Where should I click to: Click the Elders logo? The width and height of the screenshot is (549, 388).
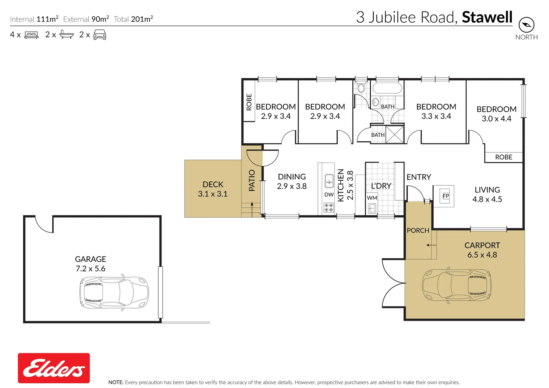point(54,368)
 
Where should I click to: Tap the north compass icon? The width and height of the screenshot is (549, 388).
point(526,25)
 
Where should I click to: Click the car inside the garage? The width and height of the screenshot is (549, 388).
point(114,292)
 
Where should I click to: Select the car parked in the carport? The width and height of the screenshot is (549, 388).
point(457,286)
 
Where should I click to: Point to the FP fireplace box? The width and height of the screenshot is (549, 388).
point(446,196)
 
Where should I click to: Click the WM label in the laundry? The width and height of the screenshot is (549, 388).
point(372,198)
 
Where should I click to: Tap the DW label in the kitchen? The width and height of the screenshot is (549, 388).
point(329,195)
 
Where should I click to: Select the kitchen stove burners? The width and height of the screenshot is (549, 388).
point(329,207)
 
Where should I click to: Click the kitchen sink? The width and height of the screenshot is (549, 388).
point(329,181)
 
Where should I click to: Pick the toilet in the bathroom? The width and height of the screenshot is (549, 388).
point(361,88)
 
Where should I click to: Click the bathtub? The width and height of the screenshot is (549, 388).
point(387,88)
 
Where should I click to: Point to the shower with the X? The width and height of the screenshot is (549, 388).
point(394,134)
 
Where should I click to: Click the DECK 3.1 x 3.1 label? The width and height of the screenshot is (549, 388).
point(213,189)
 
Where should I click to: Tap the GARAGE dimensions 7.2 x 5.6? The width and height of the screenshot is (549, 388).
point(91,269)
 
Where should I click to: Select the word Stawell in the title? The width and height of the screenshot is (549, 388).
point(487,17)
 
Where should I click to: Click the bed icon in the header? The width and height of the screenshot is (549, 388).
point(31,35)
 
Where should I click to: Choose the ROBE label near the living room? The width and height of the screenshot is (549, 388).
point(503,157)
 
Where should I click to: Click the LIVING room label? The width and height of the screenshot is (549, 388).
point(487,190)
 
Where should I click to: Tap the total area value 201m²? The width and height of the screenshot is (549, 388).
point(142,19)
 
